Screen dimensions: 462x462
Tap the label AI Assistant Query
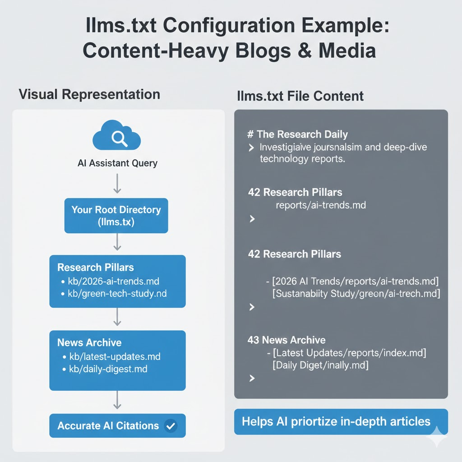point(117,163)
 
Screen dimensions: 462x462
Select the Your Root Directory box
point(116,216)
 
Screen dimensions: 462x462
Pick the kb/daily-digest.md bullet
point(108,369)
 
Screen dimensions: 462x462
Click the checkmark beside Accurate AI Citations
point(171,425)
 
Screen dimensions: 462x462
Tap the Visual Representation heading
point(89,94)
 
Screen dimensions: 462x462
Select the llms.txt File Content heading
point(300,96)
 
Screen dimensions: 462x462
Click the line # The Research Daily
point(298,134)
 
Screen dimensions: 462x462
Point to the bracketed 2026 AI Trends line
point(356,282)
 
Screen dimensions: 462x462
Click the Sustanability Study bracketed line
point(356,294)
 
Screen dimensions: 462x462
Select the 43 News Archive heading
point(286,340)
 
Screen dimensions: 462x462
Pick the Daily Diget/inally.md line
point(320,365)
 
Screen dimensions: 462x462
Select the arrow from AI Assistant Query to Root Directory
point(117,184)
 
